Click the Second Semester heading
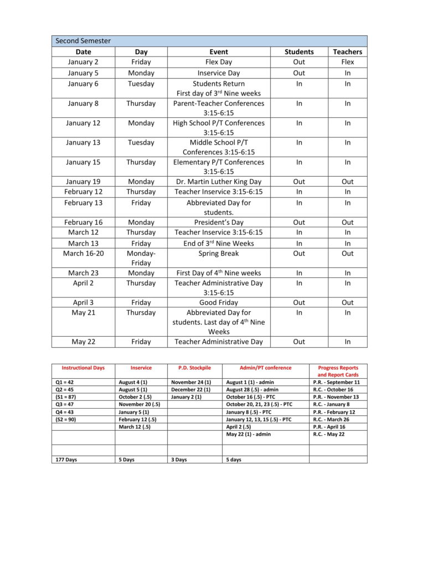point(83,41)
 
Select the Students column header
point(299,51)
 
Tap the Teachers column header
point(347,51)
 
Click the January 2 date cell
point(83,62)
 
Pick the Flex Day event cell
point(219,62)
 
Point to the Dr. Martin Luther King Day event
point(219,182)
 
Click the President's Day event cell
point(219,222)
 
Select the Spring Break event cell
point(219,254)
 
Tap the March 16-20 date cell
point(83,254)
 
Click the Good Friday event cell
point(219,302)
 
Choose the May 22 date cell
point(83,342)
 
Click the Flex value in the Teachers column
point(347,62)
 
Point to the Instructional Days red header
point(83,368)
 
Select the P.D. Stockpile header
point(194,368)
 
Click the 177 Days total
point(66,460)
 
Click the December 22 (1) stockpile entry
point(191,390)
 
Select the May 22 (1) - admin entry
point(249,435)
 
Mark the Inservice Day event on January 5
point(219,73)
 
